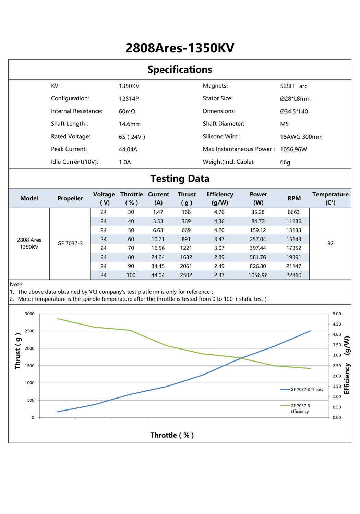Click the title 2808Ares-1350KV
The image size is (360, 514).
[x=180, y=48]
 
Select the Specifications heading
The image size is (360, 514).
[x=180, y=70]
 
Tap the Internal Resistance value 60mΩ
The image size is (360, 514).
[x=127, y=111]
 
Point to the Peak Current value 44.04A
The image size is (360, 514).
[x=128, y=149]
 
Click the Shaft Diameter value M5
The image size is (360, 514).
[x=284, y=124]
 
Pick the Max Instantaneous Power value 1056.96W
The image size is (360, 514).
[x=293, y=149]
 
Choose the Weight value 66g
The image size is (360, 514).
[x=285, y=162]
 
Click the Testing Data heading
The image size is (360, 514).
[x=180, y=179]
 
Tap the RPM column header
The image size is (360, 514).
[x=294, y=198]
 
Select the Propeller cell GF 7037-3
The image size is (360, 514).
[x=70, y=243]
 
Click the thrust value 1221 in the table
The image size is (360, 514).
[x=186, y=248]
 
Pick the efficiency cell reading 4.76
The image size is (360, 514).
[x=219, y=212]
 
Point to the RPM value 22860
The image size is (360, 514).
[x=294, y=275]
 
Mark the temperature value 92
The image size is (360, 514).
[x=330, y=243]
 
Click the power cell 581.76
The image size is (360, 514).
[x=258, y=257]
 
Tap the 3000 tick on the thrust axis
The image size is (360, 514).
[x=30, y=314]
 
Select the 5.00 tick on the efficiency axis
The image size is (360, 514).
[x=337, y=314]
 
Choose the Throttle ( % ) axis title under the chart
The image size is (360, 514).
[x=172, y=435]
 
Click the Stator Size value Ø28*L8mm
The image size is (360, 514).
[x=295, y=99]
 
